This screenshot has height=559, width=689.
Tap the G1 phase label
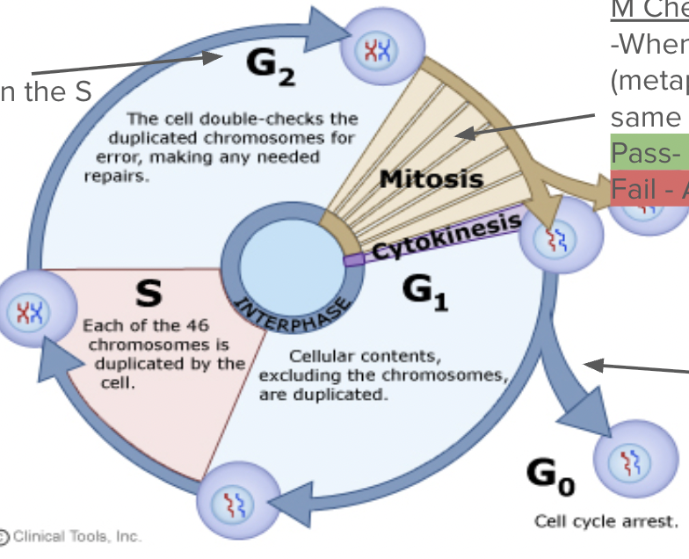424,292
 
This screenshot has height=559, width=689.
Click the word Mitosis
432,179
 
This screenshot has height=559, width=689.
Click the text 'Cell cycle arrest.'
606,521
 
